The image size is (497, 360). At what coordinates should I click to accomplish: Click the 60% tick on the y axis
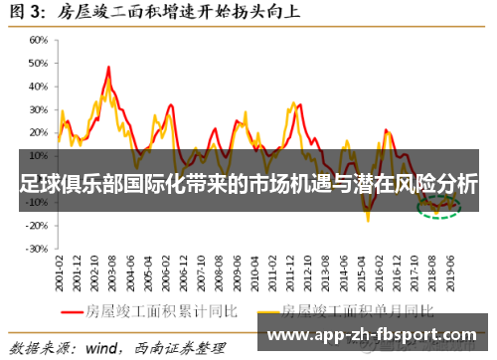pyautogui.click(x=37, y=41)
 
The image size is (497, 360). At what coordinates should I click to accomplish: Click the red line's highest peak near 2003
pyautogui.click(x=107, y=68)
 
